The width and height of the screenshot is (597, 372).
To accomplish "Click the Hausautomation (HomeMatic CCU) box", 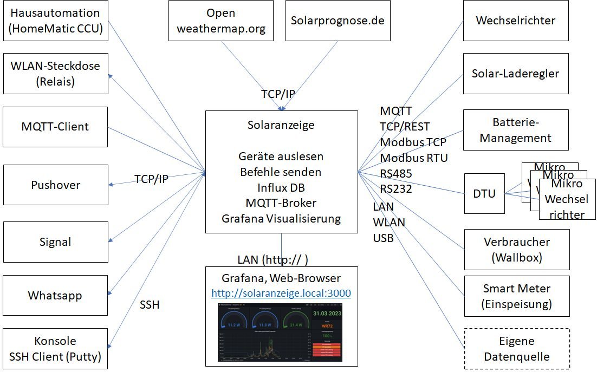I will [55, 21].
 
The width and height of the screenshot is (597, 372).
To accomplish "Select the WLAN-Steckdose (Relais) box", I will [55, 74].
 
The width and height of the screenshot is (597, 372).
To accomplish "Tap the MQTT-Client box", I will [55, 127].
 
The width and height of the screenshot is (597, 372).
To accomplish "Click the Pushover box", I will [55, 185].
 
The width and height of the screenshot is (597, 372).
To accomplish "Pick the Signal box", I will [55, 242].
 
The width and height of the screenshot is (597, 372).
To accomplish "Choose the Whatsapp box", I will [55, 296].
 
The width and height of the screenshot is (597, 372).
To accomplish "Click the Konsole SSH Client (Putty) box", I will [55, 349].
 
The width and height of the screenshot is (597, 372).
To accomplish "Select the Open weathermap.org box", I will [221, 21].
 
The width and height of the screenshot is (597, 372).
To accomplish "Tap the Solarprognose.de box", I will [338, 21].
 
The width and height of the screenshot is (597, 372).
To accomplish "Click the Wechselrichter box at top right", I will [515, 21].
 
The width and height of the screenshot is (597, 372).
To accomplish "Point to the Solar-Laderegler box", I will [515, 74].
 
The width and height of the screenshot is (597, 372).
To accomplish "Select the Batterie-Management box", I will [515, 130].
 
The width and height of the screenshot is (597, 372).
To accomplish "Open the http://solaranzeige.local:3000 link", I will [281, 293].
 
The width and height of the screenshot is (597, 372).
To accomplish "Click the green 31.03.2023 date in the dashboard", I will [328, 313].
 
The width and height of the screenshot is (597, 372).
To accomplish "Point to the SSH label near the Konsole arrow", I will [150, 305].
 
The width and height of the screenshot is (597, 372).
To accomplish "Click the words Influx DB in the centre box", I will [281, 187].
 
